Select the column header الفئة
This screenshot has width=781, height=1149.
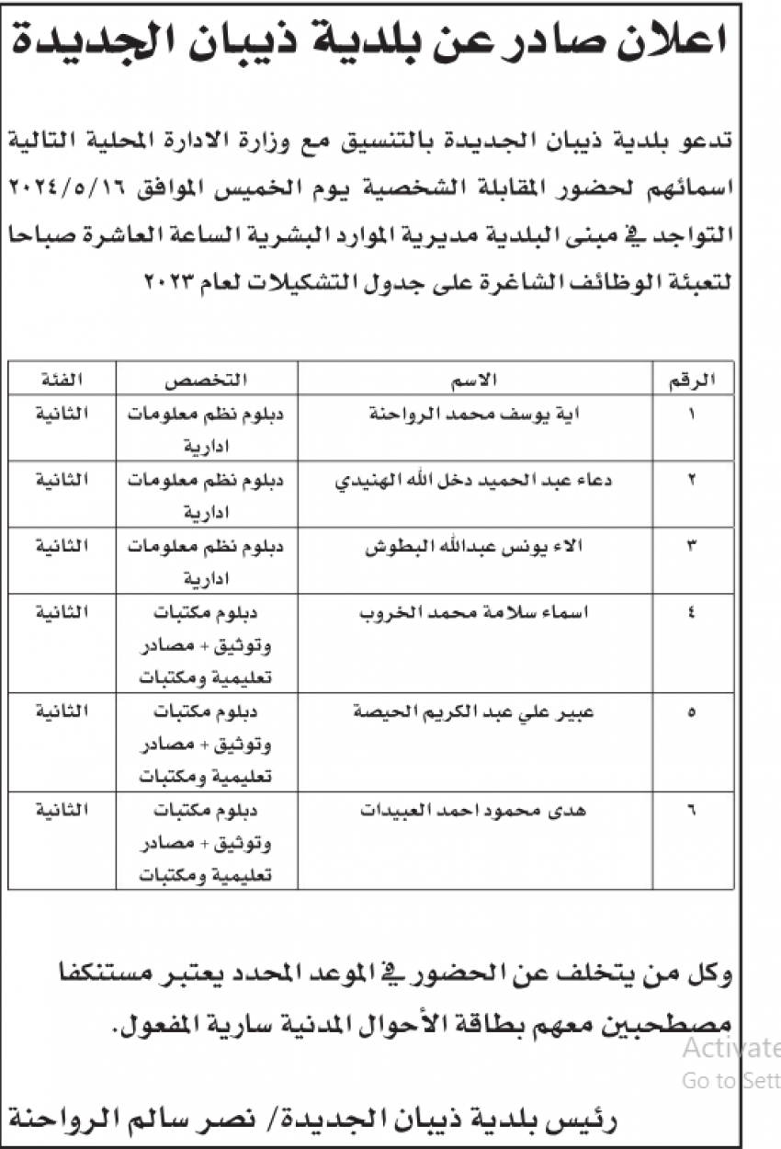pyautogui.click(x=60, y=379)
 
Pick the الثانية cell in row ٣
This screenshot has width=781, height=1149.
pyautogui.click(x=60, y=547)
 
